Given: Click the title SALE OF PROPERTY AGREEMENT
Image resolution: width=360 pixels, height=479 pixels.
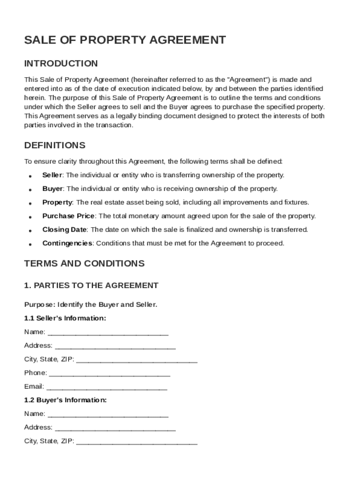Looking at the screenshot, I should coord(125,40).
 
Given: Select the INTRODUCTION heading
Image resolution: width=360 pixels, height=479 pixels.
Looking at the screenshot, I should coord(61,64).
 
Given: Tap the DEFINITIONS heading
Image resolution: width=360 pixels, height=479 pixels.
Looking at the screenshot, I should coord(55,145).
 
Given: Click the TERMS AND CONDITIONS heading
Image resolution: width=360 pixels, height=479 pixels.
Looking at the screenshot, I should coord(84,263).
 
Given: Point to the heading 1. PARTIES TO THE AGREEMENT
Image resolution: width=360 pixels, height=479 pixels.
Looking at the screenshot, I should coord(91,285).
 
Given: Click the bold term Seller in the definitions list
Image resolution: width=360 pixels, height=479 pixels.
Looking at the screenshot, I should coord(52,175).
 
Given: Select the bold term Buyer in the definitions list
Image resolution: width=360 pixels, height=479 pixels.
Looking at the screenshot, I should coord(52,189).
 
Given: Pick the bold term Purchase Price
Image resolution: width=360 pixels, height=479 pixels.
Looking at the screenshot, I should coord(68,216).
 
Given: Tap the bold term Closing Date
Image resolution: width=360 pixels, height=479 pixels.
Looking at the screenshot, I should coord(64,230).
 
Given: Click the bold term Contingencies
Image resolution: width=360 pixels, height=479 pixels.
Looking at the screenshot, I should coord(67,243).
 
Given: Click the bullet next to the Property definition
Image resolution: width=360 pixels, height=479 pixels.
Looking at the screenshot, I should coord(30,203).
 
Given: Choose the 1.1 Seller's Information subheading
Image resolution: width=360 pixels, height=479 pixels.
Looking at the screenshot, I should coord(65,318).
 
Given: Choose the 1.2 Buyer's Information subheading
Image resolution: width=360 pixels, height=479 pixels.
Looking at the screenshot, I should coord(65,400).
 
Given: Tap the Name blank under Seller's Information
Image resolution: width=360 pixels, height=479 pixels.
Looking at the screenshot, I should coord(108,333).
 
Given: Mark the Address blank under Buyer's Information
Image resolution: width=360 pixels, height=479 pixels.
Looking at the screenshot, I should coord(115,428).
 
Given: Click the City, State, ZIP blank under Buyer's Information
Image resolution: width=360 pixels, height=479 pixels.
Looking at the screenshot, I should coord(137,442).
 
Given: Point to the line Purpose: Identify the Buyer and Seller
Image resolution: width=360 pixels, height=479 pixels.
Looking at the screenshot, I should coord(91,305).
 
